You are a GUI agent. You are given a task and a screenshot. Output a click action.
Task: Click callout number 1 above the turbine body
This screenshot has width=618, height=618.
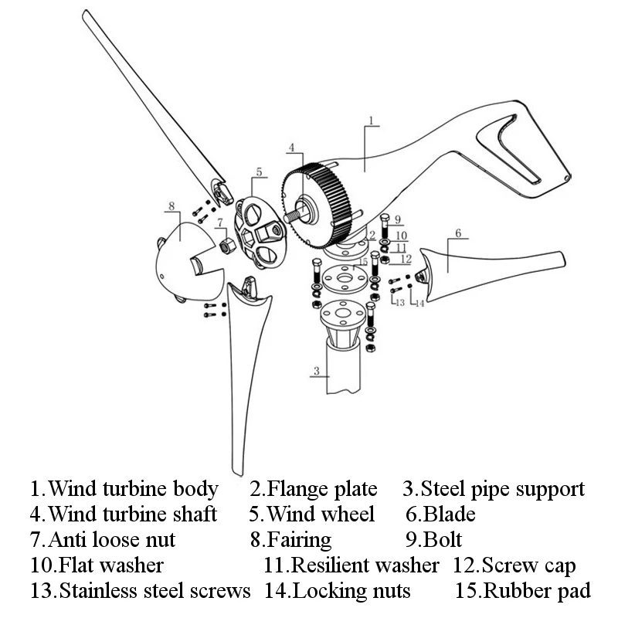tap(371, 121)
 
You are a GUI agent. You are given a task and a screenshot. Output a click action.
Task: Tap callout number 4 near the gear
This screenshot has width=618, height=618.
tap(291, 147)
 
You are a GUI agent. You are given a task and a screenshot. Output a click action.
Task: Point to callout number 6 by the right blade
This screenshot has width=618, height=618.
tap(457, 233)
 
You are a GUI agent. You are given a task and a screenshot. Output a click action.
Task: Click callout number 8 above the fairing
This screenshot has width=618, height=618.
tap(171, 206)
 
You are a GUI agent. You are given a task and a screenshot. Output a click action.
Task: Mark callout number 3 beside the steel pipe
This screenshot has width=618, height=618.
tap(316, 372)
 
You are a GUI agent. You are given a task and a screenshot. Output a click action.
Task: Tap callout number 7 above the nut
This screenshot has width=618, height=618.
tap(220, 222)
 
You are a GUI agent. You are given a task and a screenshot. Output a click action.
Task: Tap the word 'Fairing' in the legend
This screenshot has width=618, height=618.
tap(299, 539)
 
